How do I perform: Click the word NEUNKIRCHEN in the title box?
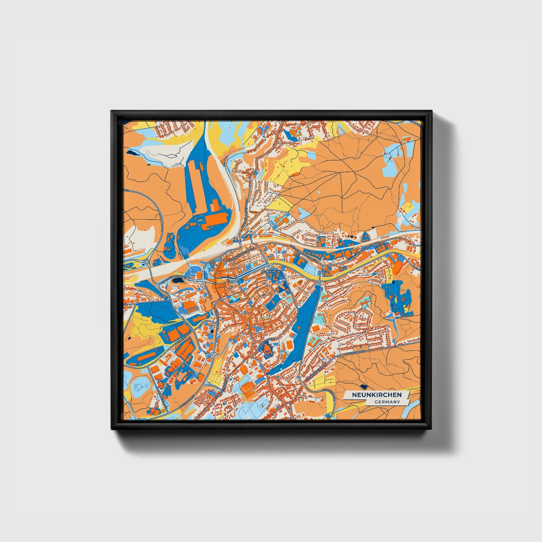point(376,395)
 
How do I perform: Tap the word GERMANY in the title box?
point(387,402)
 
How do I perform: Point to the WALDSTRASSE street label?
point(355,353)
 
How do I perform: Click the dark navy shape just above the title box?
point(363,386)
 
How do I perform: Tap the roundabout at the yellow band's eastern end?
point(318,282)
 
